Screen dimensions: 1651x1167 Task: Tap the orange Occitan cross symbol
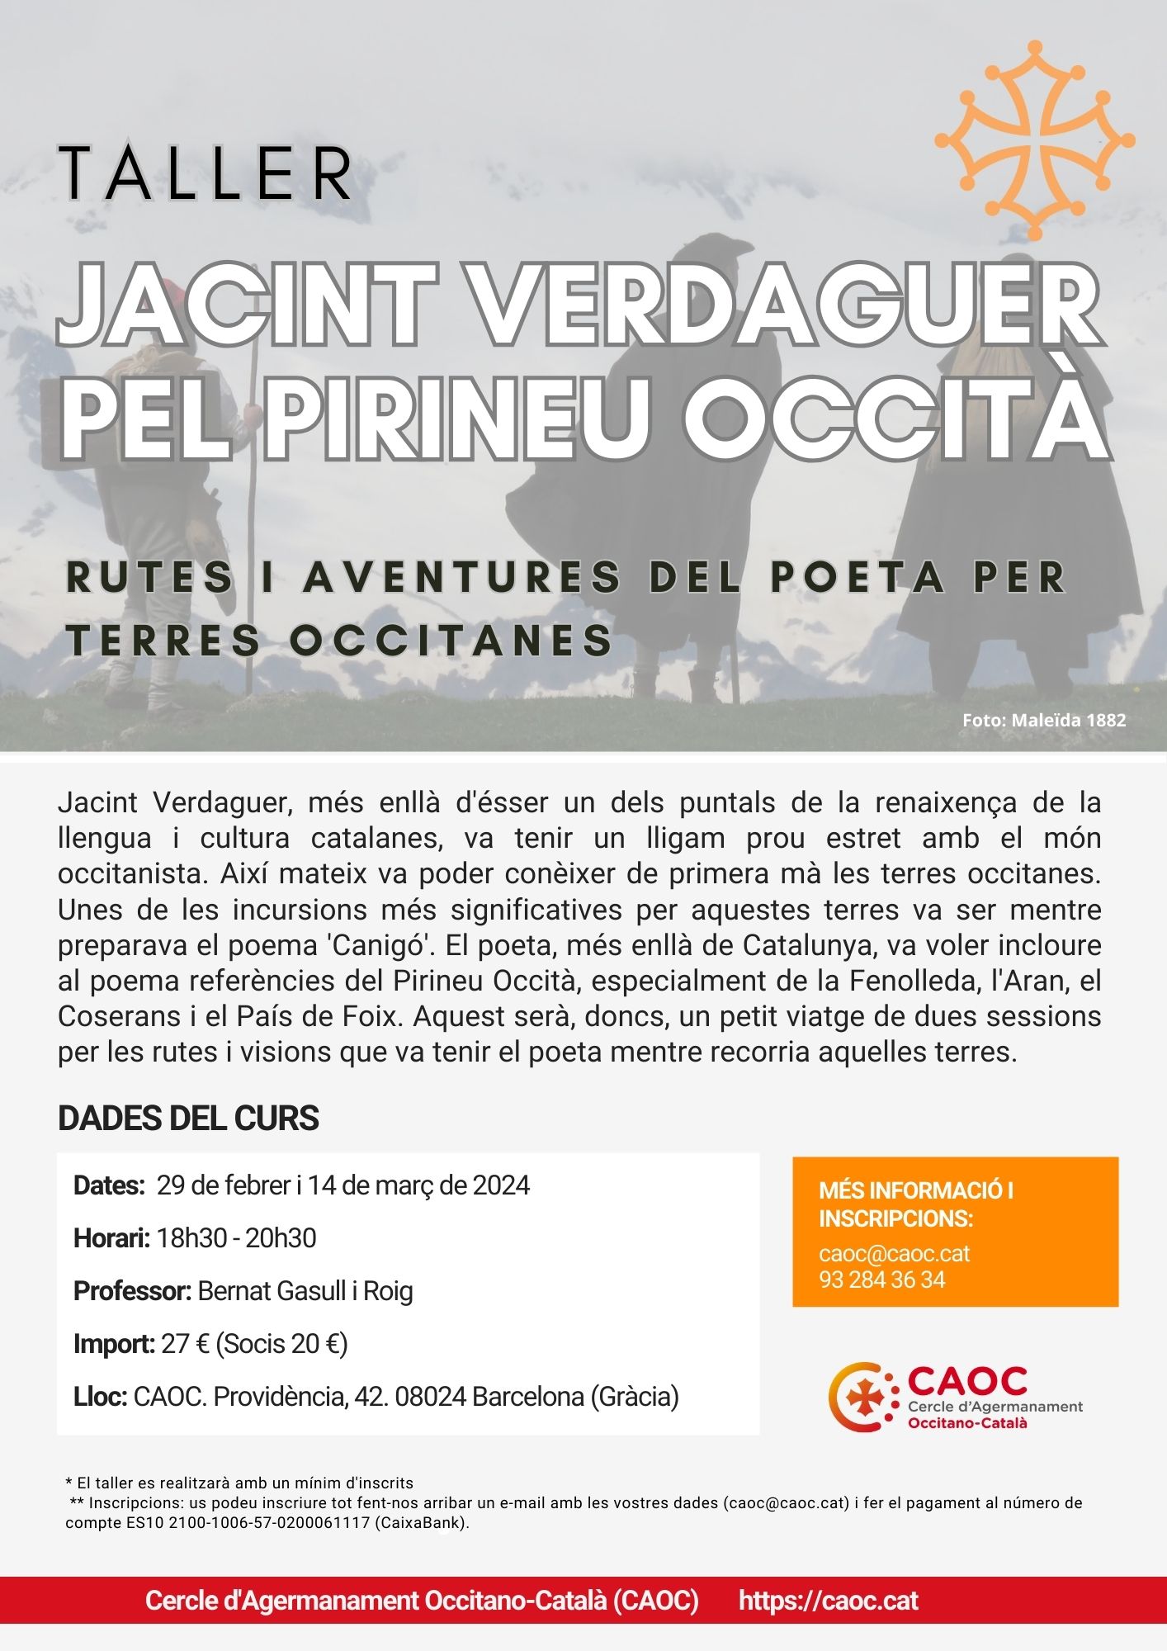pyautogui.click(x=1034, y=141)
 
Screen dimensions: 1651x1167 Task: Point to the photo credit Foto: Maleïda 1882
pyautogui.click(x=1043, y=720)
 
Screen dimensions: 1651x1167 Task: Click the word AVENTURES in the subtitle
pyautogui.click(x=461, y=577)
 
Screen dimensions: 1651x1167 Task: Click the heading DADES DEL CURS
pyautogui.click(x=188, y=1118)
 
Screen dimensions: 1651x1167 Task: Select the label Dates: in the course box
pyautogui.click(x=109, y=1185)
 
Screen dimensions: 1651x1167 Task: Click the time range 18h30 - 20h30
pyautogui.click(x=236, y=1238)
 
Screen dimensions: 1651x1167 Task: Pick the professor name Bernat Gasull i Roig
pyautogui.click(x=305, y=1291)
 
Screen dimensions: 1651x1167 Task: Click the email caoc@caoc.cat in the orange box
pyautogui.click(x=894, y=1253)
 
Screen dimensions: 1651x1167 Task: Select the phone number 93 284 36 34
pyautogui.click(x=881, y=1280)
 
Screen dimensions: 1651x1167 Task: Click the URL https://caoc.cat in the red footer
pyautogui.click(x=828, y=1601)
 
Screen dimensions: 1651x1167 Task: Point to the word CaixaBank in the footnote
pyautogui.click(x=420, y=1523)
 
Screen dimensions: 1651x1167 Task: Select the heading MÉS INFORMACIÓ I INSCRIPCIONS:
pyautogui.click(x=915, y=1204)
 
